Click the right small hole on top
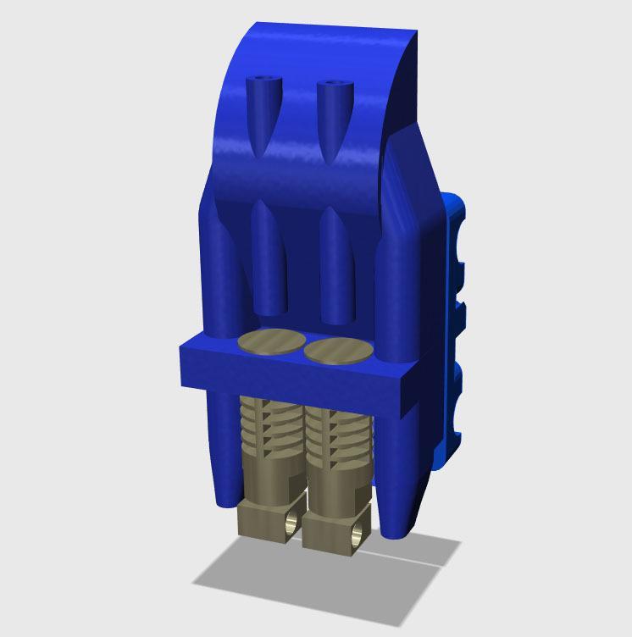pos(333,86)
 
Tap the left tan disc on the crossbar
pos(272,341)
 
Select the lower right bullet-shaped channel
pos(337,267)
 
